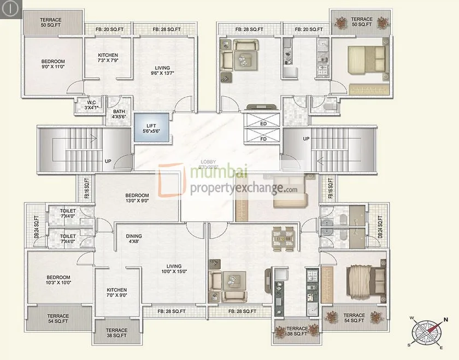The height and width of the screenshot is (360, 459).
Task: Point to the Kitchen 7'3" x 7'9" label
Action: pos(108,58)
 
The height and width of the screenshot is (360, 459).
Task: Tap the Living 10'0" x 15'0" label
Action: pos(174,268)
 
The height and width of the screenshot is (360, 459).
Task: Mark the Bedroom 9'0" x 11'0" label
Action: pos(53,64)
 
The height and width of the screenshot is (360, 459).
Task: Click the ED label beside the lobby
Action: pos(263,123)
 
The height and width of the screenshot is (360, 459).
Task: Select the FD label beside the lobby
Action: pos(263,139)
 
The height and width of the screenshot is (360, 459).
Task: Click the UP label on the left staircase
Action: pos(108,161)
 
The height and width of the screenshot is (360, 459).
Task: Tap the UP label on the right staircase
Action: pos(306,139)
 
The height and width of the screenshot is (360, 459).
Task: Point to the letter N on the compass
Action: pos(446,320)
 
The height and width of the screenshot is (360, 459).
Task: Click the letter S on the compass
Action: pos(409,345)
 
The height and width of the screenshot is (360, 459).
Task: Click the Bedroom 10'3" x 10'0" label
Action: pos(58,280)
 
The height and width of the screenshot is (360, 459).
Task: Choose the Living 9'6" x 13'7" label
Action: pos(162,70)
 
